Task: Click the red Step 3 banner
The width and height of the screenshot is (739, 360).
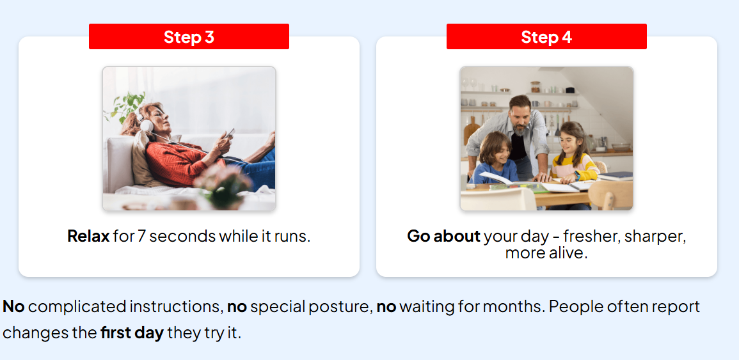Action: click(189, 36)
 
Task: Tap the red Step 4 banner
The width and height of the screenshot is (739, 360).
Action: click(546, 36)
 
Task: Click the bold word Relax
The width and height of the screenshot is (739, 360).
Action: click(88, 235)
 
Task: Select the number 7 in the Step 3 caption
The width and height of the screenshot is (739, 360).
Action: click(141, 235)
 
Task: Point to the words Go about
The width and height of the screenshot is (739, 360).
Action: click(443, 236)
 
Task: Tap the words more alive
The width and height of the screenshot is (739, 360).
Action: click(546, 253)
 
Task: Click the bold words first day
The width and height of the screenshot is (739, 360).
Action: click(132, 333)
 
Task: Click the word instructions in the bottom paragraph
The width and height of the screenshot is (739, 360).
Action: click(175, 307)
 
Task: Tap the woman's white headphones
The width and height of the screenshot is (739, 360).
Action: click(146, 123)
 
